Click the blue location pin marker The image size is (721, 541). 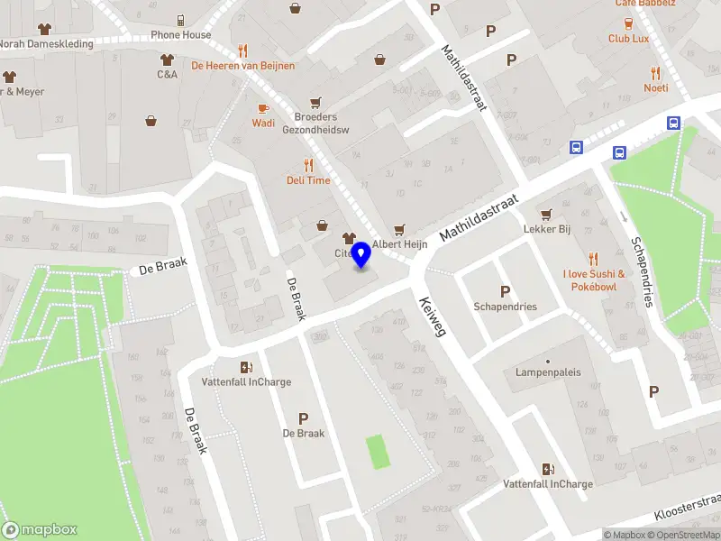point(360,255)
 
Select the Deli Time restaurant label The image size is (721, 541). point(308,180)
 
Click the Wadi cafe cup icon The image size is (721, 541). point(263,108)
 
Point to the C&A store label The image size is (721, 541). point(167,74)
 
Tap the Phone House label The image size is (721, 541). point(180,35)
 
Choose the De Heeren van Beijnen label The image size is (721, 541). point(242,65)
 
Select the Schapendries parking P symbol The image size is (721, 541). point(505,291)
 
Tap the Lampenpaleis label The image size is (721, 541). point(548,372)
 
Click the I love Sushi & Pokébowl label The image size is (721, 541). point(593,280)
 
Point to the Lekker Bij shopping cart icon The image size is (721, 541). point(546,215)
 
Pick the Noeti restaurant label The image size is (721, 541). point(655,87)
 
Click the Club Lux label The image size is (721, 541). point(628,39)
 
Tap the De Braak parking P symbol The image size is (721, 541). point(303,418)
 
